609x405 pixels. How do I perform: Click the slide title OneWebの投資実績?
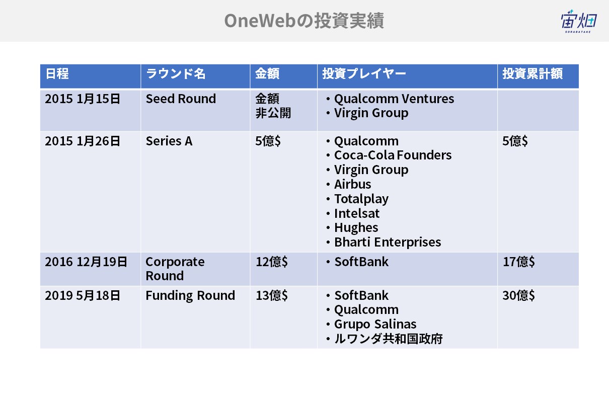click(304, 21)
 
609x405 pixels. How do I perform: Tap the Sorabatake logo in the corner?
click(579, 21)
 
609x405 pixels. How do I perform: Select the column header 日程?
click(57, 73)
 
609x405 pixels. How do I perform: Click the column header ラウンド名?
click(176, 73)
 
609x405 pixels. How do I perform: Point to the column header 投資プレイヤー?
click(364, 73)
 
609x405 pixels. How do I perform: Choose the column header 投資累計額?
click(532, 73)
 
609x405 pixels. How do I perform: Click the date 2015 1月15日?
click(83, 99)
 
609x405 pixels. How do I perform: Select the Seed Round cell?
click(181, 99)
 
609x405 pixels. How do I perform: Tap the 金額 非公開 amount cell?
click(273, 106)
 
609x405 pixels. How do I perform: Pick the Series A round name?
click(169, 141)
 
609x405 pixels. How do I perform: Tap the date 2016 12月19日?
click(86, 262)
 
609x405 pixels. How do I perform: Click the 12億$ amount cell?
click(272, 262)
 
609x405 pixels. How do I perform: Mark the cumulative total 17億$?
click(519, 262)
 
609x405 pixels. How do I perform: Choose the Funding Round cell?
click(190, 295)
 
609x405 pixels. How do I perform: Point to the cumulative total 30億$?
click(519, 295)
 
